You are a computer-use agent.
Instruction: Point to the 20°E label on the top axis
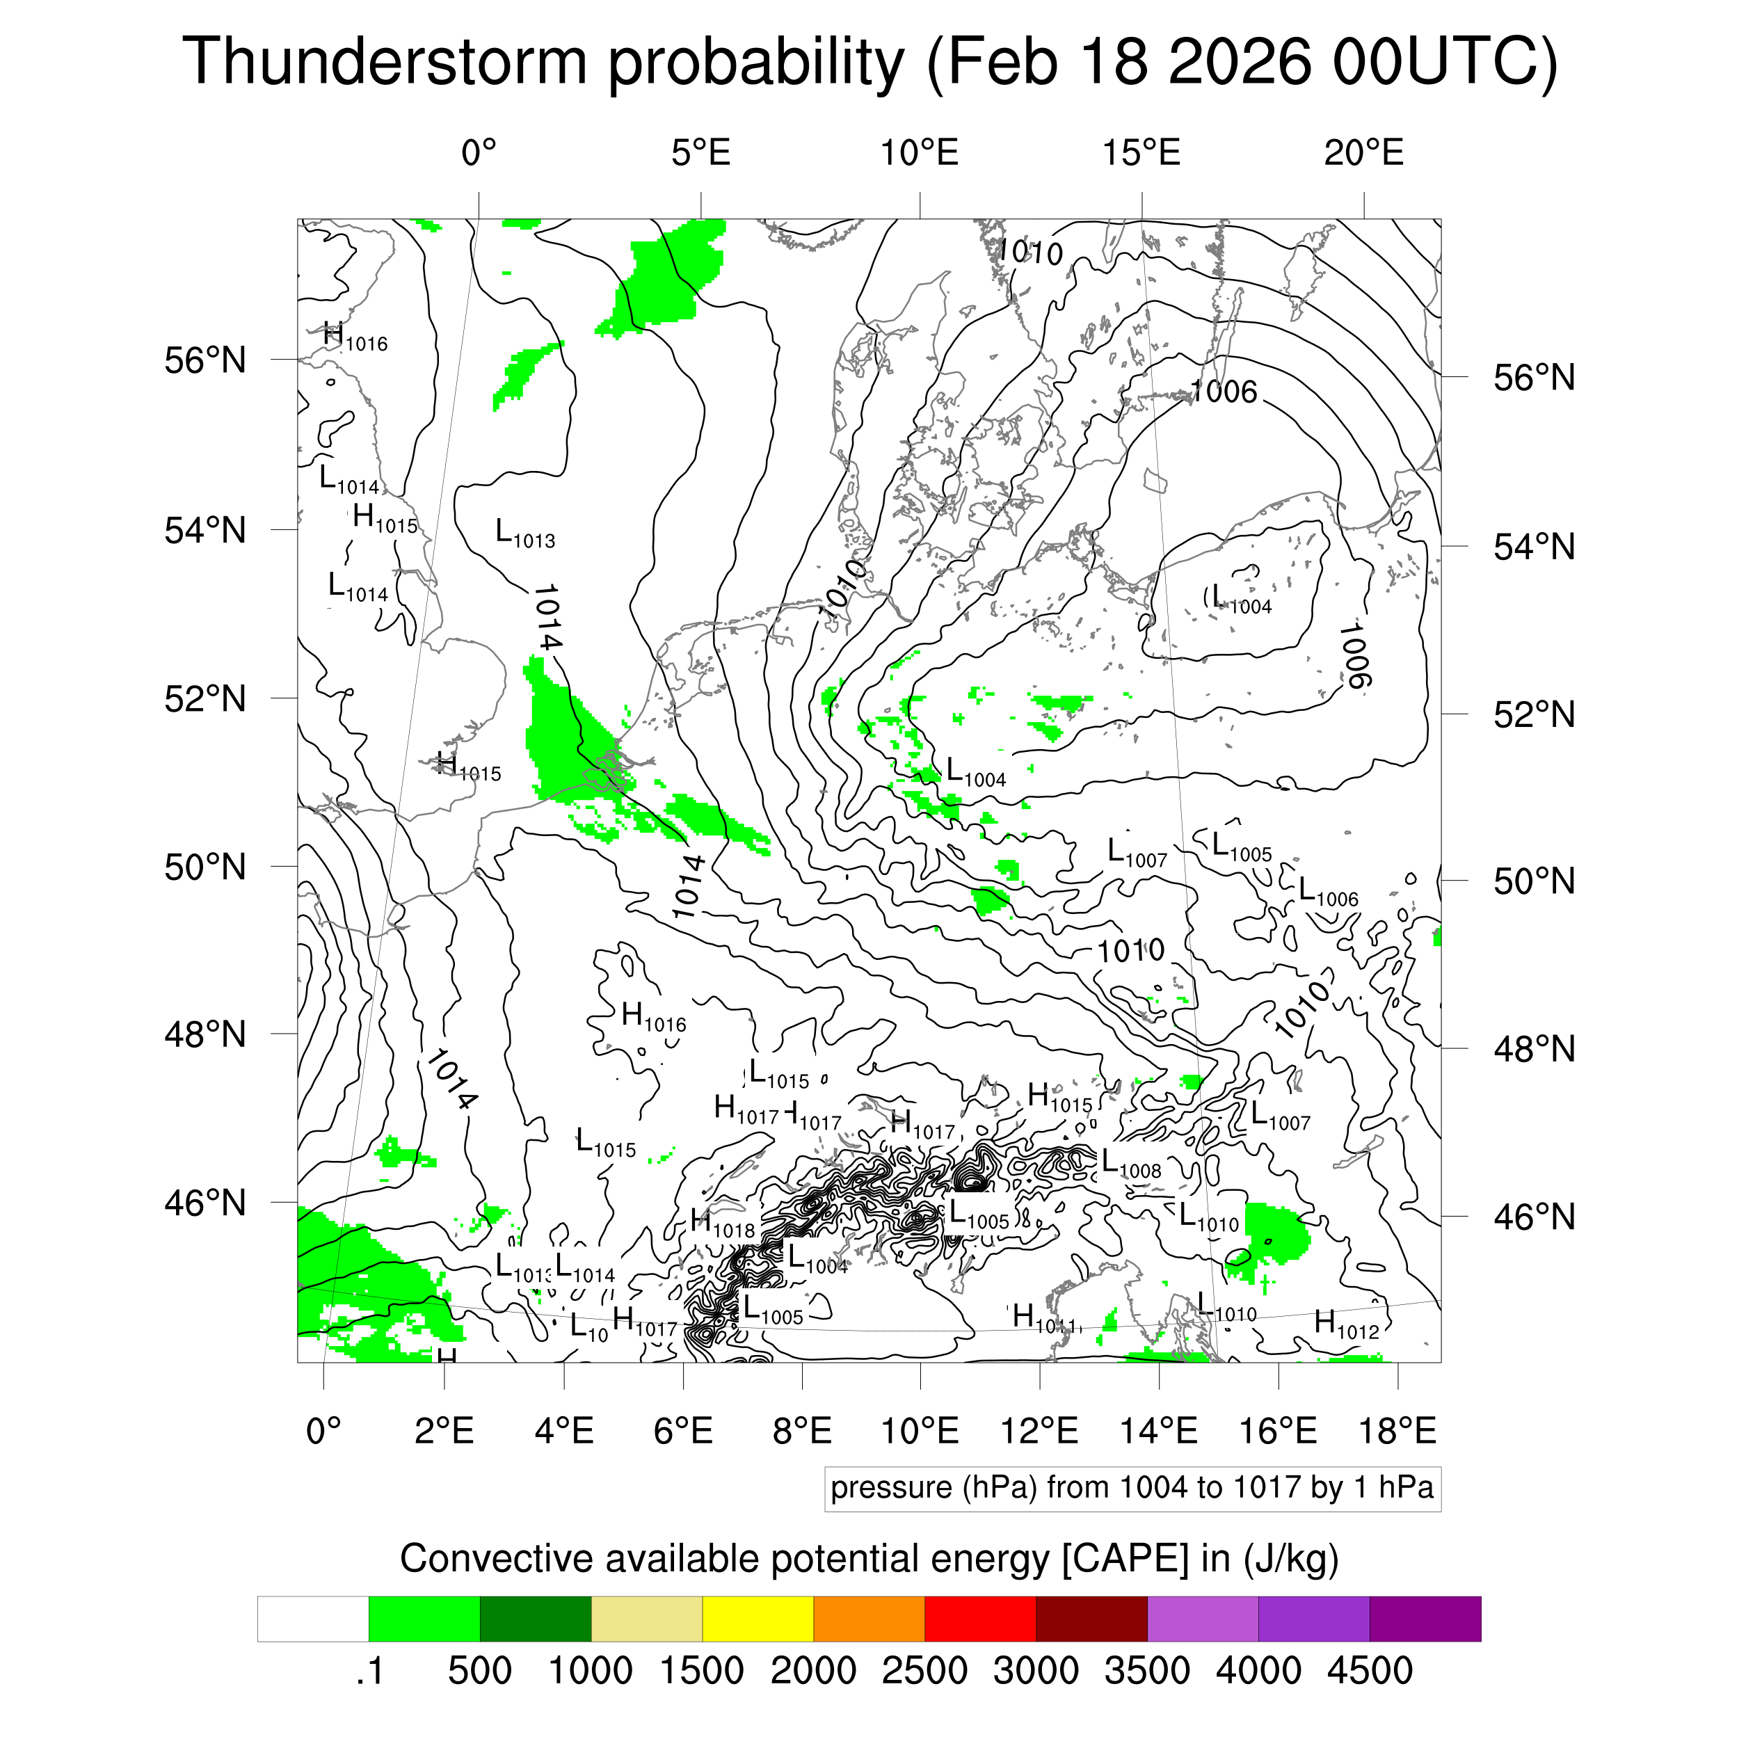click(1363, 153)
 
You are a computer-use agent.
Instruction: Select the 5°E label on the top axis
click(700, 153)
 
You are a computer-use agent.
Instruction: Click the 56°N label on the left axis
click(205, 361)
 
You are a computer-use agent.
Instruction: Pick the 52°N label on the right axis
click(1534, 714)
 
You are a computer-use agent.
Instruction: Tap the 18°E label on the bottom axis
click(1397, 1430)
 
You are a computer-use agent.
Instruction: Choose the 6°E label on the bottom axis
click(683, 1430)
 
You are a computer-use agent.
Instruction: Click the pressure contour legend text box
click(1132, 1488)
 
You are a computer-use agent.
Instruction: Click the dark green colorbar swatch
click(535, 1619)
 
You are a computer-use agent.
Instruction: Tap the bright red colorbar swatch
click(979, 1619)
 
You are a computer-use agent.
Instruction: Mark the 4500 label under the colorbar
click(1369, 1671)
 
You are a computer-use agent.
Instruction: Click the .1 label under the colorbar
click(369, 1671)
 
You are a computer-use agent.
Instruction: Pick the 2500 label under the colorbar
click(924, 1671)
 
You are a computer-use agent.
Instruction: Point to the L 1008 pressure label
click(1130, 1164)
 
